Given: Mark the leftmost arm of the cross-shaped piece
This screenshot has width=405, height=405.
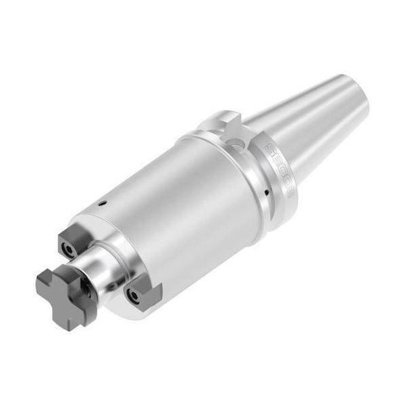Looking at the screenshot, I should click(45, 284).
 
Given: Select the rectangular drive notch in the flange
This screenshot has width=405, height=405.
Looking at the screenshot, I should click(223, 124).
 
